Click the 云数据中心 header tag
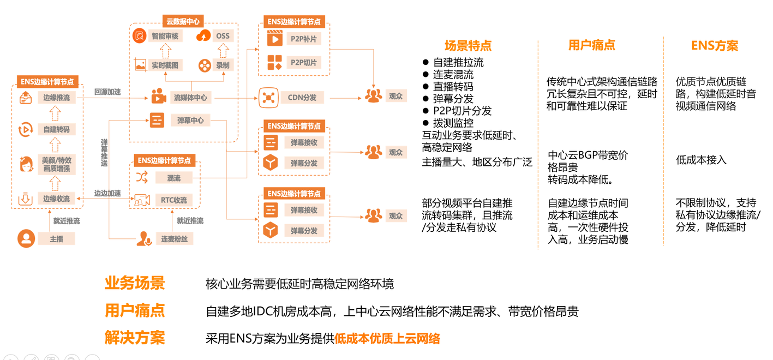(x=183, y=22)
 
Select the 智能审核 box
(x=166, y=36)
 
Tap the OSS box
(x=223, y=36)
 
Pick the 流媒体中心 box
(x=190, y=98)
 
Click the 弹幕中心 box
(x=190, y=120)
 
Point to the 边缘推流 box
(x=56, y=98)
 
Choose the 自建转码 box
(x=56, y=130)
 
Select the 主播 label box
(x=56, y=239)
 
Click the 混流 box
(x=174, y=178)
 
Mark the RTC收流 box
(x=174, y=200)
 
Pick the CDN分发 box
(x=302, y=98)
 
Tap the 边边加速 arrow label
(x=107, y=193)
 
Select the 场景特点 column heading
(x=468, y=45)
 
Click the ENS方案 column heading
(x=714, y=46)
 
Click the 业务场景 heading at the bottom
(x=134, y=284)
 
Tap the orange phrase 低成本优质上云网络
(x=387, y=339)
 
